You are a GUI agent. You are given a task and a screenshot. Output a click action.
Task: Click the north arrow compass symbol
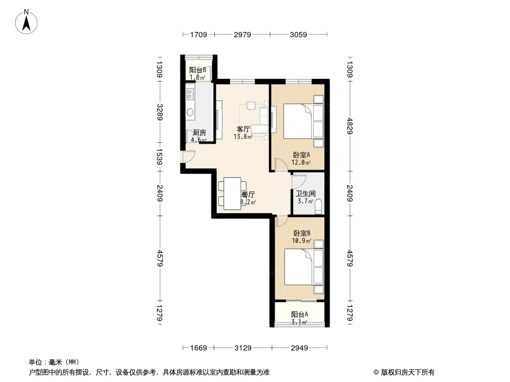coord(26,22)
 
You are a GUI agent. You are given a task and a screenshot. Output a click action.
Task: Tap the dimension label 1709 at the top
coord(199,34)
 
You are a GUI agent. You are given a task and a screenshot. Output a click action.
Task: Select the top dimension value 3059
coord(298,34)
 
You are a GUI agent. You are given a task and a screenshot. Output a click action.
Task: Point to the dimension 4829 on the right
coord(350,126)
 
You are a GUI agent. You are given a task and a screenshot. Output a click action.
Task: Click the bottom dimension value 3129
coord(243,348)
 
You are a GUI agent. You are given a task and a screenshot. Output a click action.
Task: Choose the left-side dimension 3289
coord(160,112)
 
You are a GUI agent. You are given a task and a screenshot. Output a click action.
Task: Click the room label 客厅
coord(243,129)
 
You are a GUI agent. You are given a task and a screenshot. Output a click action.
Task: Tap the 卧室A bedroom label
coord(301,155)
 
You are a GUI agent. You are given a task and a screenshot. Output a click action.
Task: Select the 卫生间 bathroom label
coord(305,193)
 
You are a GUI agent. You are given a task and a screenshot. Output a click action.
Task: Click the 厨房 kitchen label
coord(199,132)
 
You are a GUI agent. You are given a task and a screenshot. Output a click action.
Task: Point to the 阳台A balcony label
coord(299,314)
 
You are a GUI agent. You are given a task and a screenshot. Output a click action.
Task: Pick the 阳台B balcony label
coord(198,70)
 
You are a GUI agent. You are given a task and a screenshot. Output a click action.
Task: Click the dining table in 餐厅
coord(232,193)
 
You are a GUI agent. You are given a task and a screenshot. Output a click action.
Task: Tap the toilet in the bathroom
coord(319,206)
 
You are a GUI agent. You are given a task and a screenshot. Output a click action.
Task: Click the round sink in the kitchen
coord(190,112)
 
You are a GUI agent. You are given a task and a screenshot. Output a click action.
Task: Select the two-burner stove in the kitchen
coord(190,95)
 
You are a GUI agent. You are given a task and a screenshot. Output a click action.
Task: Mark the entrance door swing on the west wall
coord(188,157)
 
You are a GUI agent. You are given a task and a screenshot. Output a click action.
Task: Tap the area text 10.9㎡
coord(301,241)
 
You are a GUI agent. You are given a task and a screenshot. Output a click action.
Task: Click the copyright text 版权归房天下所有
coord(408,372)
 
